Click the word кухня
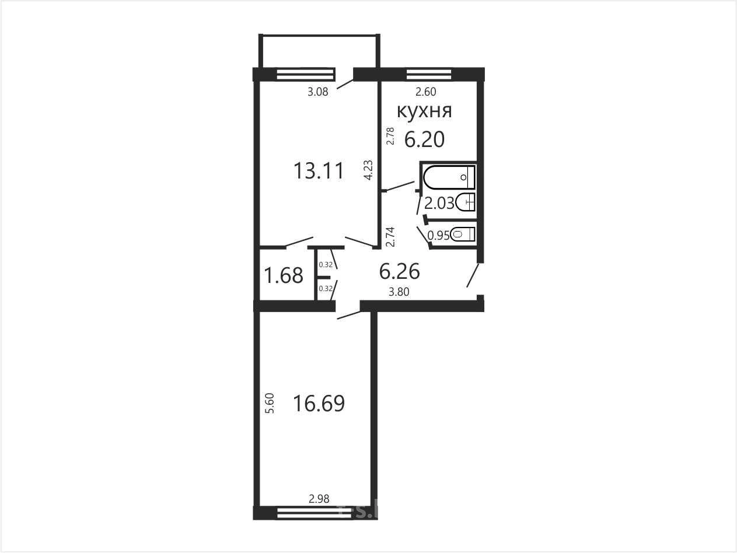click(424, 111)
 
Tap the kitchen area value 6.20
click(424, 139)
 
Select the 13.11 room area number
click(319, 170)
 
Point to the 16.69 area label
click(319, 403)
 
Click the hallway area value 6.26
click(399, 271)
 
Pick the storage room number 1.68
click(284, 275)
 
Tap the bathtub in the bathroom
click(449, 177)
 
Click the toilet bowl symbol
click(462, 234)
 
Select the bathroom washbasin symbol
click(466, 202)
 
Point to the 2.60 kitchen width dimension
click(426, 92)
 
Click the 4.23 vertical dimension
click(368, 170)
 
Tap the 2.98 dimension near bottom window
click(319, 499)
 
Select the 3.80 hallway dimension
click(399, 292)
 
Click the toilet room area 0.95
click(438, 236)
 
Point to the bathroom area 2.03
click(439, 203)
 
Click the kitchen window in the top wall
click(429, 74)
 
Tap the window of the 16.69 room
click(315, 513)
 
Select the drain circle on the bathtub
click(464, 177)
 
